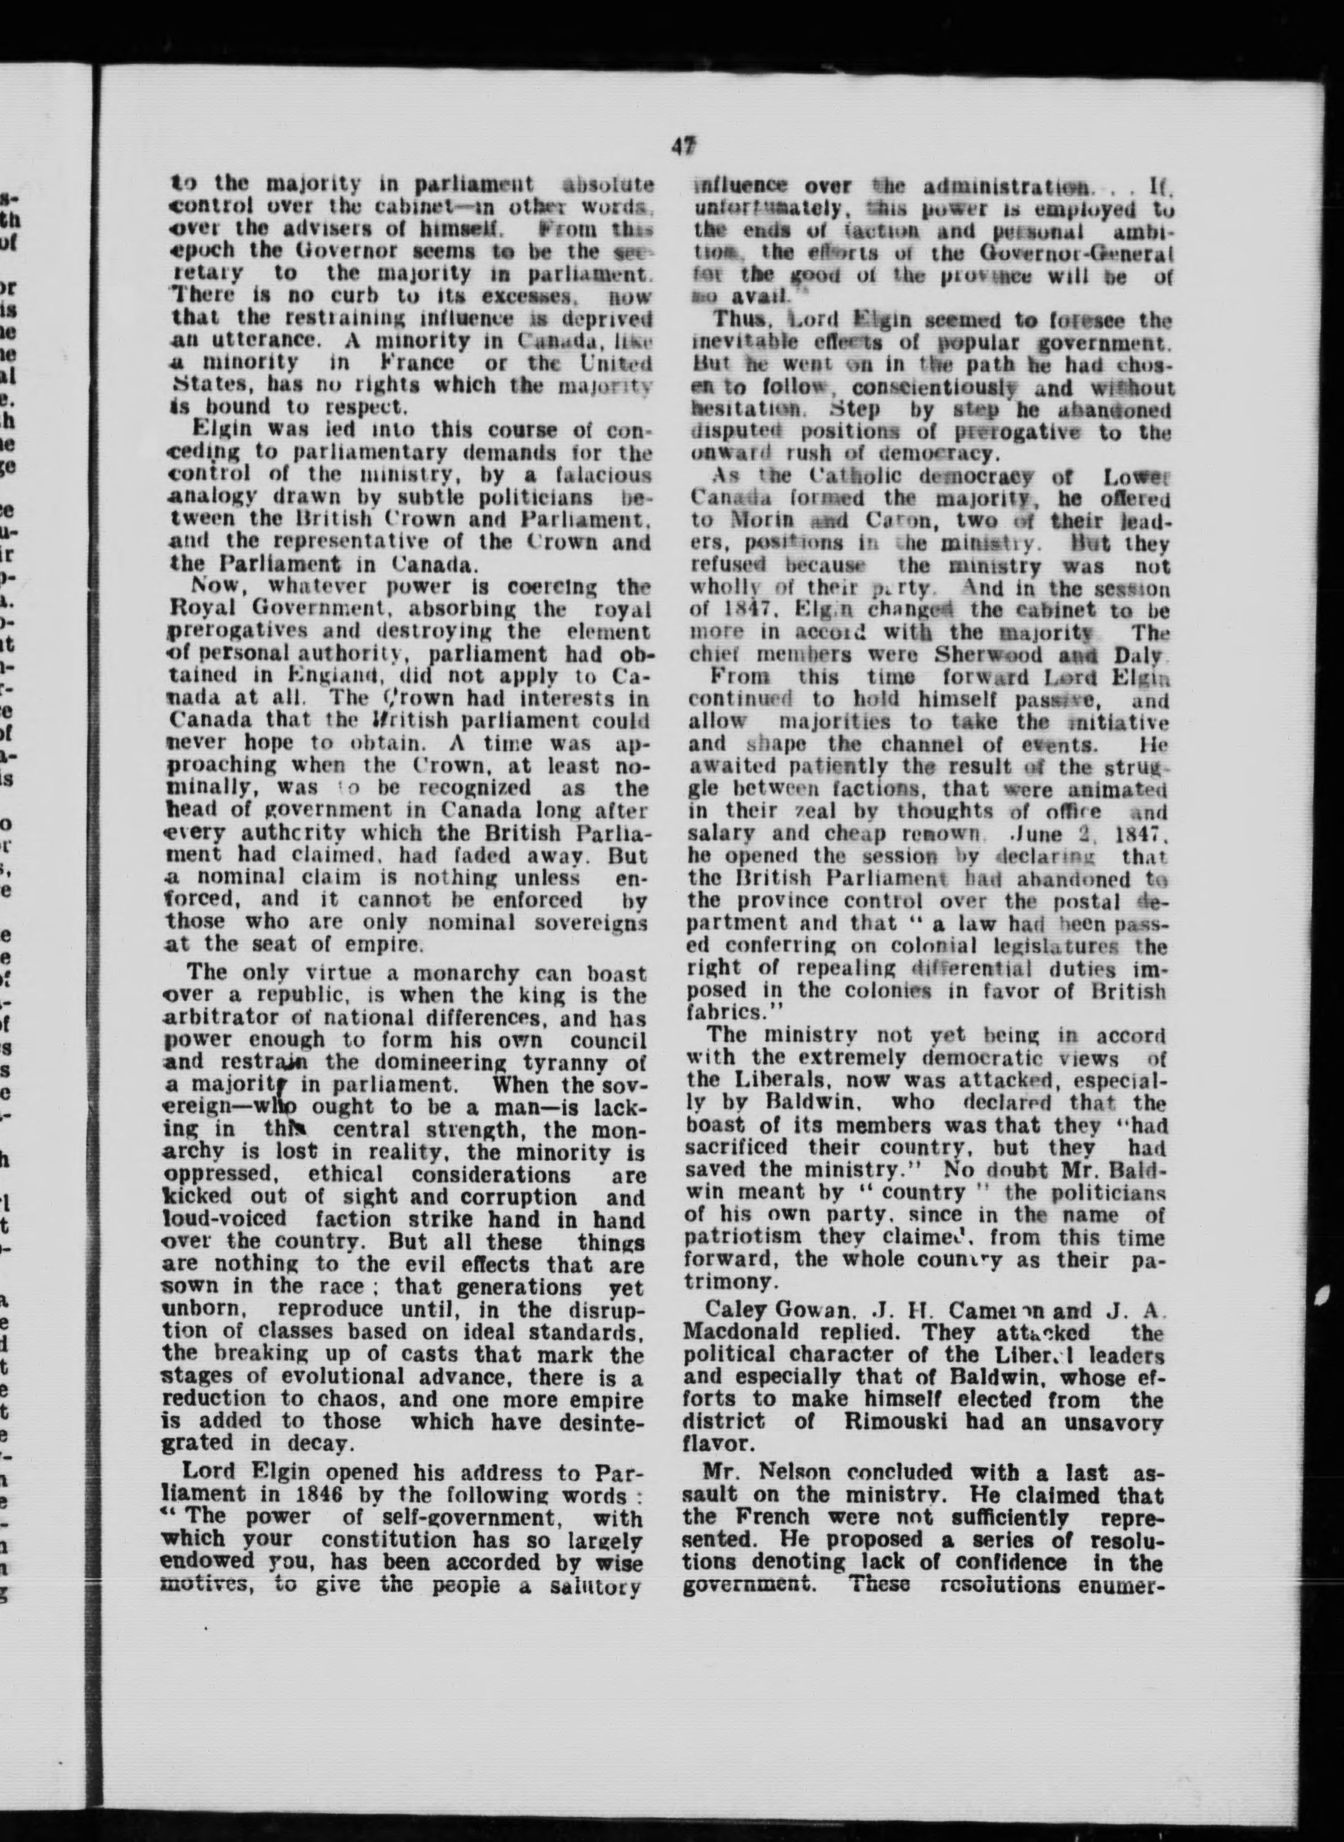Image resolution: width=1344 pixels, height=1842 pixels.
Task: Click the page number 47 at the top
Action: pyautogui.click(x=682, y=146)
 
